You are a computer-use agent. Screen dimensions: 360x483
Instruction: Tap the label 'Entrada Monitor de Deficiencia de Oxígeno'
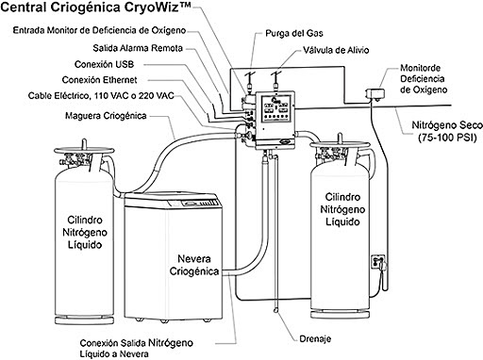(x=112, y=30)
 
